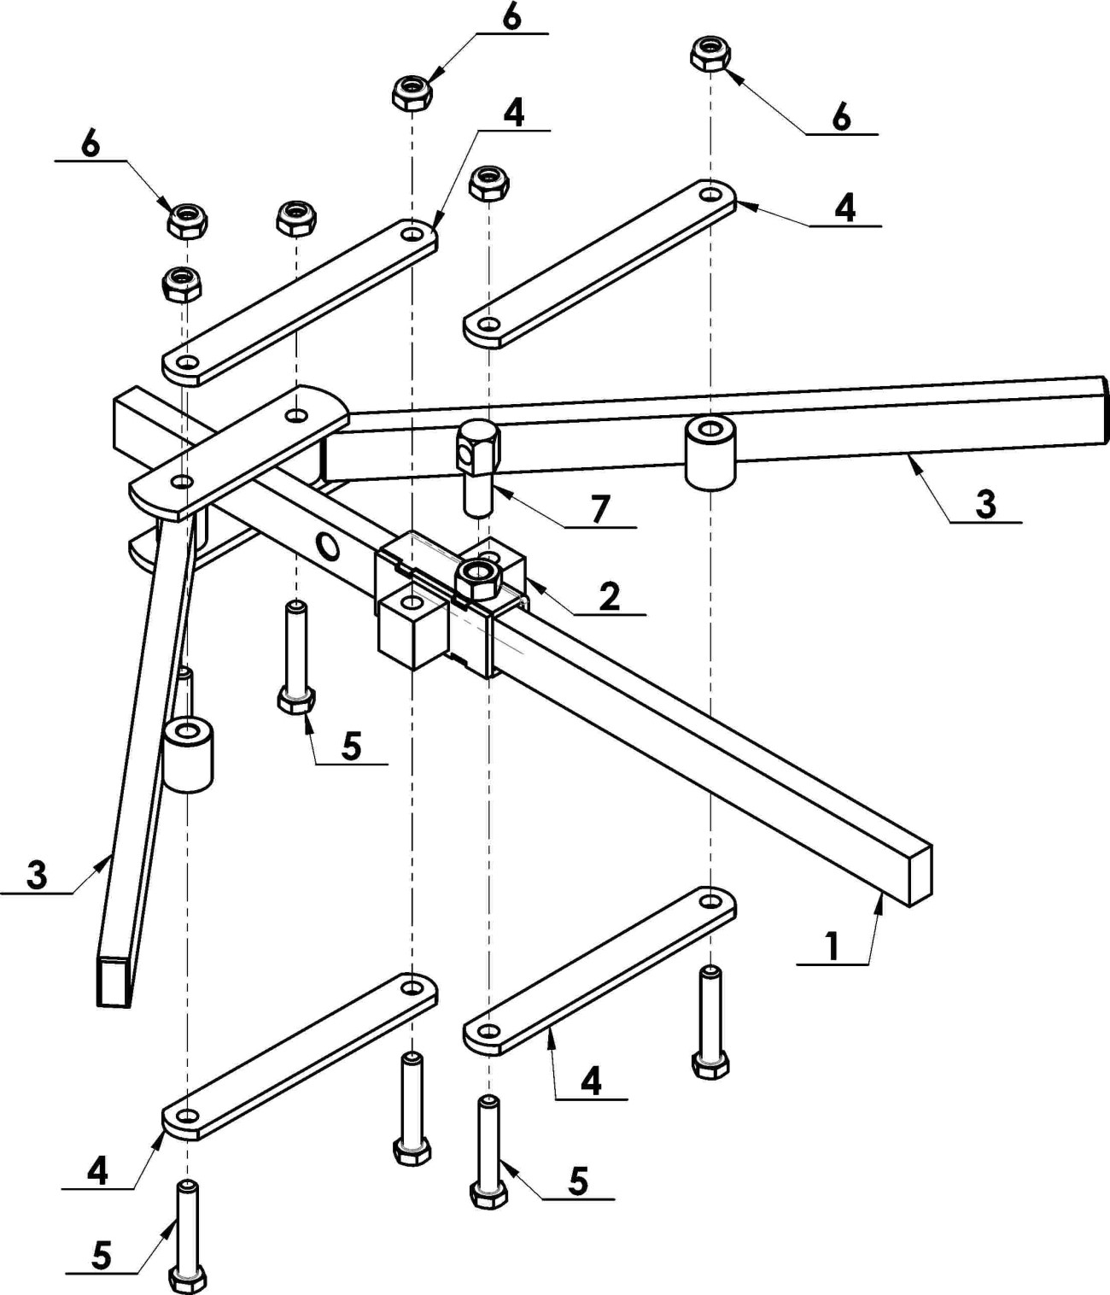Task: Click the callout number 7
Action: coord(600,508)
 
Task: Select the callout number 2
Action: coord(608,596)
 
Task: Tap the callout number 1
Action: coord(831,946)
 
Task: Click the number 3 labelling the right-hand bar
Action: coord(985,503)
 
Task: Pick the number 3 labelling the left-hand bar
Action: coord(36,876)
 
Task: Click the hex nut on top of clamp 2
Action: coord(476,581)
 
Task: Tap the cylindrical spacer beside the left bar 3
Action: coord(188,755)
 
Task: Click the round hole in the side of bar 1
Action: coord(328,544)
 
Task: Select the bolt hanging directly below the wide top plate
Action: coord(295,658)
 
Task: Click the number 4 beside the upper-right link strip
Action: coord(844,208)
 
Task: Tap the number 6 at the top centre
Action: coord(511,19)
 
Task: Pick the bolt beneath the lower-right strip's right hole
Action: coord(710,1023)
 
